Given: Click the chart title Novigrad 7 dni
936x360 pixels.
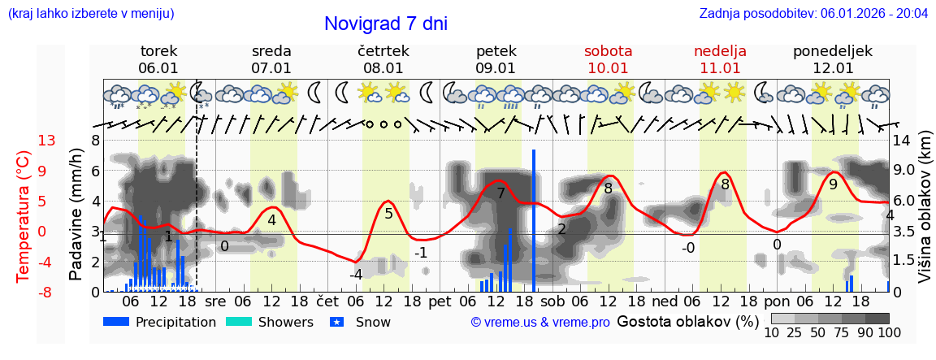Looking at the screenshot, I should coord(386,24).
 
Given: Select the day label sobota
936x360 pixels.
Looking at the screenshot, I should coord(608,51).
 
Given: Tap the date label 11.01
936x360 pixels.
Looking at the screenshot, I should coord(720,68).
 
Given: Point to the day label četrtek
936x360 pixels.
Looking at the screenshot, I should coord(383,51).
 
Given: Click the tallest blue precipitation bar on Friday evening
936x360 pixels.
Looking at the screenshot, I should coord(534,219).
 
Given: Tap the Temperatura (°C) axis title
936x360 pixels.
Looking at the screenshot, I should coord(24,215).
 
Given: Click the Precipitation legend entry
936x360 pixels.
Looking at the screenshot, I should coord(160,322).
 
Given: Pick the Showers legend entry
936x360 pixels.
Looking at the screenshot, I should coord(269,322).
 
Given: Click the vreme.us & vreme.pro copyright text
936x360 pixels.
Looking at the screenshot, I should coord(540,322).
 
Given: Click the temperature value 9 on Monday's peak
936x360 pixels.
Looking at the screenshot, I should coord(833,184).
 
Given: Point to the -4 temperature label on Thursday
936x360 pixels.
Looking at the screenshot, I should coord(356,275).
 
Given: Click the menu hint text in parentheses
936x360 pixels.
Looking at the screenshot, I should coord(90,14).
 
